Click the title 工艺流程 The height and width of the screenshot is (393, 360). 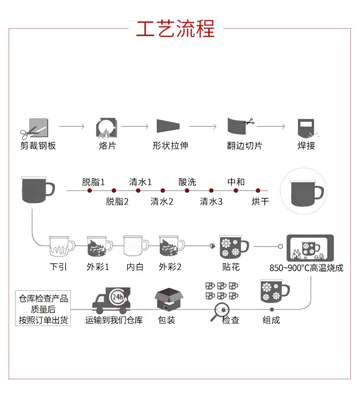[x=175, y=29]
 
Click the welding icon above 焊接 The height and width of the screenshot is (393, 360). [x=306, y=127]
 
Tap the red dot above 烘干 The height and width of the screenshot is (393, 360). [x=258, y=191]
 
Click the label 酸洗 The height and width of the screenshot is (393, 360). [x=187, y=182]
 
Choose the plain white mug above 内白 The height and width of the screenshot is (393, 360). [x=135, y=247]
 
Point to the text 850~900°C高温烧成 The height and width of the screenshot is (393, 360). [x=306, y=268]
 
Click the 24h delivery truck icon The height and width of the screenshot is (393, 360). [x=111, y=300]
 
